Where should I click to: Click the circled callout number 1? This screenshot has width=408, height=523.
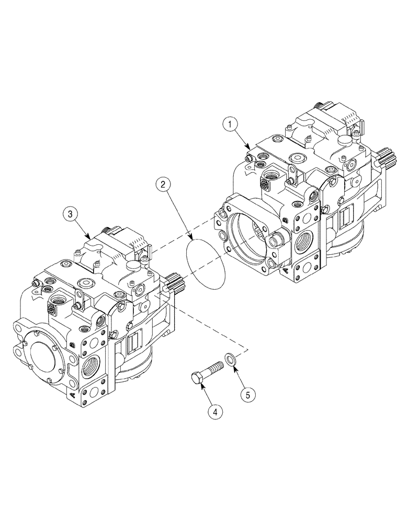230,126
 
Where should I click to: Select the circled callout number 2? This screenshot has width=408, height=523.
164,184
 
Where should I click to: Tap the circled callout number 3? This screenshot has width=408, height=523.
70,214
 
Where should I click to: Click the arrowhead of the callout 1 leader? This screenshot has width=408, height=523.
252,149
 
